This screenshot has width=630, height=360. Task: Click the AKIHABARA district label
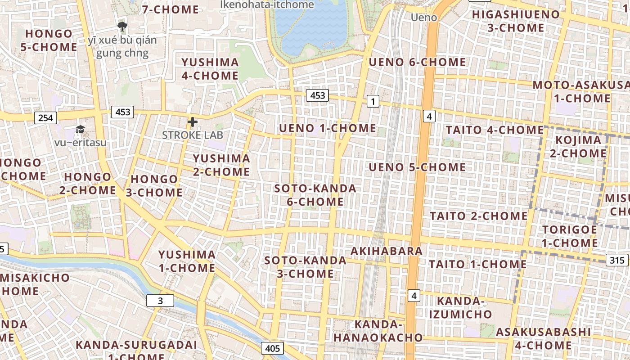[387, 251]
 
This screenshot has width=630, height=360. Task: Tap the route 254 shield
[45, 118]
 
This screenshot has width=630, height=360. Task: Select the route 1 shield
[373, 101]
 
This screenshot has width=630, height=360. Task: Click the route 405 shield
[272, 348]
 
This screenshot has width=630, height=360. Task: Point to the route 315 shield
[617, 260]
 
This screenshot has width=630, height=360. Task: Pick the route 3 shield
[160, 301]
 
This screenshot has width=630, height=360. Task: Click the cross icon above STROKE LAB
[193, 122]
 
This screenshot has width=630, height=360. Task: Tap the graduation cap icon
[80, 130]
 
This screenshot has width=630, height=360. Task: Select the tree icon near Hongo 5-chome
[121, 26]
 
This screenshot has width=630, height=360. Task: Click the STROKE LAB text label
[193, 135]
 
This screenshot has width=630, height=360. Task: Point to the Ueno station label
[424, 18]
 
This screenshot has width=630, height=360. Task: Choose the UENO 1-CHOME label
[328, 128]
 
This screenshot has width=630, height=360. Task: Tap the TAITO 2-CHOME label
[478, 216]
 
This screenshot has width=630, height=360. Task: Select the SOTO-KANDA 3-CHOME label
[305, 267]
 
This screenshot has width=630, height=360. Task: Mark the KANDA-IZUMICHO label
[460, 307]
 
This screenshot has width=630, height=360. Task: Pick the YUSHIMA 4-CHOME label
[210, 69]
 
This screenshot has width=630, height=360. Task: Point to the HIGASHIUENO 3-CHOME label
[516, 21]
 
